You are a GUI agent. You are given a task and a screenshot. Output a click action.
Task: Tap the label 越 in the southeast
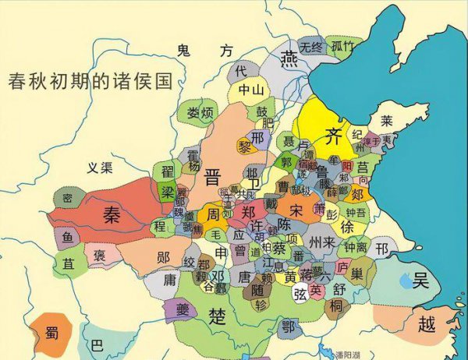(426, 323)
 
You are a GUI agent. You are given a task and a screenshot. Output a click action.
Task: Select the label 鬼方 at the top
(204, 51)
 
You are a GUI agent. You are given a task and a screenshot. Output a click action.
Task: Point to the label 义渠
(99, 167)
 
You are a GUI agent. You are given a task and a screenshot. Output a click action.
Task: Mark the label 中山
(250, 90)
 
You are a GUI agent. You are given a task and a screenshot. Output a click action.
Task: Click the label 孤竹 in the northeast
(343, 46)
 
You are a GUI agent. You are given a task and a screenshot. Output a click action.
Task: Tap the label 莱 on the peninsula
(386, 121)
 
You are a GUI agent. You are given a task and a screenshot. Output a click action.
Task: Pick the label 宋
(295, 210)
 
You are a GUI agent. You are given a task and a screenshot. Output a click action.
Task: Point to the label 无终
(310, 46)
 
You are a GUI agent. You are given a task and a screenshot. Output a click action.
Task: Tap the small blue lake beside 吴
(406, 279)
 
